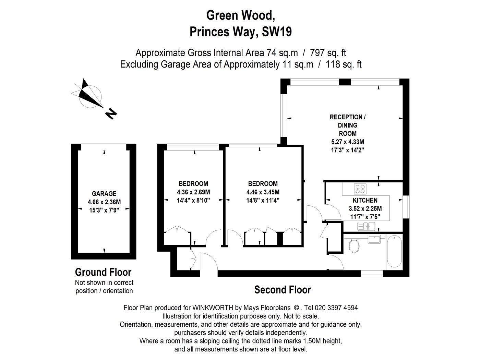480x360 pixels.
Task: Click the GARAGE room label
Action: pos(104,194)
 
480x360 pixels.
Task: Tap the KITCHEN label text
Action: pos(365,200)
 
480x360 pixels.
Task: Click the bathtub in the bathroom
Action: pos(394,251)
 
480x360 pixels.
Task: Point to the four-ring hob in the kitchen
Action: pos(360,189)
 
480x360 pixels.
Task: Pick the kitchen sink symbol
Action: pos(366,226)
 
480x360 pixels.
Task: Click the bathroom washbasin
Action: pos(374,239)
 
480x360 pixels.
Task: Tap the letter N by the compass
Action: pos(111,114)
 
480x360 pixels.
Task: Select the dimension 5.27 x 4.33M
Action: pos(347,142)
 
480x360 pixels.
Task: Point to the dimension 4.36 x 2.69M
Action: pos(193,192)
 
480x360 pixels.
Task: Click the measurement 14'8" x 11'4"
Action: pos(263,200)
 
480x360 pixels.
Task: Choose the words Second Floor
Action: pos(283,290)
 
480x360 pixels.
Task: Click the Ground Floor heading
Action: pos(103,272)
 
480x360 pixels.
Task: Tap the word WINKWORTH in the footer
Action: pos(213,308)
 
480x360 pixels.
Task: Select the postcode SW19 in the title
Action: pos(277,32)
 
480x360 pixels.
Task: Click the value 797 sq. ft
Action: pos(328,53)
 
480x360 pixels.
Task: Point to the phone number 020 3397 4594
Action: pos(336,308)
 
